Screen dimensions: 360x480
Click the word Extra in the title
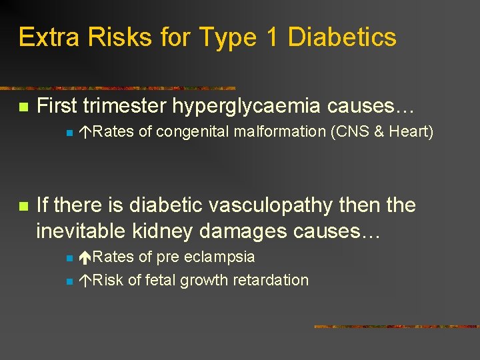tap(44, 37)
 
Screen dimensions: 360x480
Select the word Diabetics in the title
tap(342, 37)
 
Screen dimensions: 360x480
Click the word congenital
tap(191, 132)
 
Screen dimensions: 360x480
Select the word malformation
tap(280, 132)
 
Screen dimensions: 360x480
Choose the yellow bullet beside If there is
tap(23, 207)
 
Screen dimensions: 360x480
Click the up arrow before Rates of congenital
tap(85, 132)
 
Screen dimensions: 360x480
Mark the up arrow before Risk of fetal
tap(85, 280)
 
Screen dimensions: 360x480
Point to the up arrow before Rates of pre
tap(85, 257)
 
